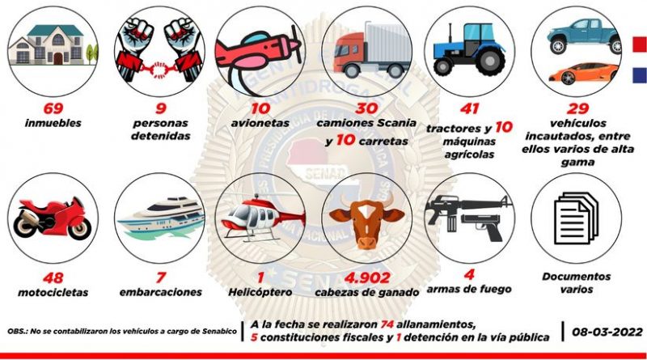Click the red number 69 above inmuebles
click(x=53, y=108)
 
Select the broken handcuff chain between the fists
click(x=159, y=70)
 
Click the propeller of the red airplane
click(x=296, y=44)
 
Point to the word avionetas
click(x=260, y=123)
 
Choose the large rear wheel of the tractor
click(x=490, y=61)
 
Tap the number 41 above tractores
click(x=470, y=108)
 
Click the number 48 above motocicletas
click(x=53, y=277)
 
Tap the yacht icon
click(x=161, y=218)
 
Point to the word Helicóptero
click(x=260, y=292)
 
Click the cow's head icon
click(x=366, y=222)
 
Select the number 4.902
click(x=367, y=277)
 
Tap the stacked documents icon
click(x=577, y=218)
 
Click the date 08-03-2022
click(x=607, y=332)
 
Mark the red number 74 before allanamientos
click(x=387, y=324)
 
